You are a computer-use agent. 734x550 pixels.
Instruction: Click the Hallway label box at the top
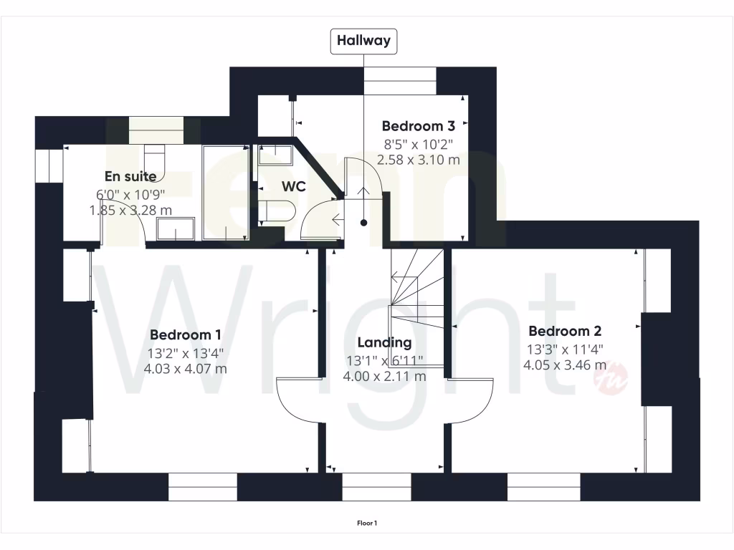[x=364, y=41]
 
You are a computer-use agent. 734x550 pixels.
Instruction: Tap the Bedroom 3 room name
[x=419, y=126]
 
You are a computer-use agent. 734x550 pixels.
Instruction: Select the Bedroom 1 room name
[x=185, y=334]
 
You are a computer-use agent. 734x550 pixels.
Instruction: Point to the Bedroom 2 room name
[x=565, y=331]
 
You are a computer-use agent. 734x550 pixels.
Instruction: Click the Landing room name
[x=384, y=342]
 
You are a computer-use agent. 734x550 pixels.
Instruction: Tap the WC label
[x=294, y=187]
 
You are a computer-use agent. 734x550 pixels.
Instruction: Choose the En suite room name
[x=130, y=176]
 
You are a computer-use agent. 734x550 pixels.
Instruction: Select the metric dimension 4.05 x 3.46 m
[x=565, y=365]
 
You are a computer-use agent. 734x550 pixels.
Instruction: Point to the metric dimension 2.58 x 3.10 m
[x=419, y=159]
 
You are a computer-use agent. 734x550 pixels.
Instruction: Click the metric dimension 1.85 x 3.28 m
[x=130, y=211]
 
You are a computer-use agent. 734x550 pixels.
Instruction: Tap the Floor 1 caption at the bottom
[x=367, y=524]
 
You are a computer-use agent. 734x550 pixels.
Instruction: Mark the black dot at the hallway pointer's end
[x=363, y=223]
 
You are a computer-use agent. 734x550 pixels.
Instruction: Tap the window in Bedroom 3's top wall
[x=400, y=80]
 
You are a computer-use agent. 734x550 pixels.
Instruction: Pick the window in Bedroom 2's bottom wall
[x=543, y=487]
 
